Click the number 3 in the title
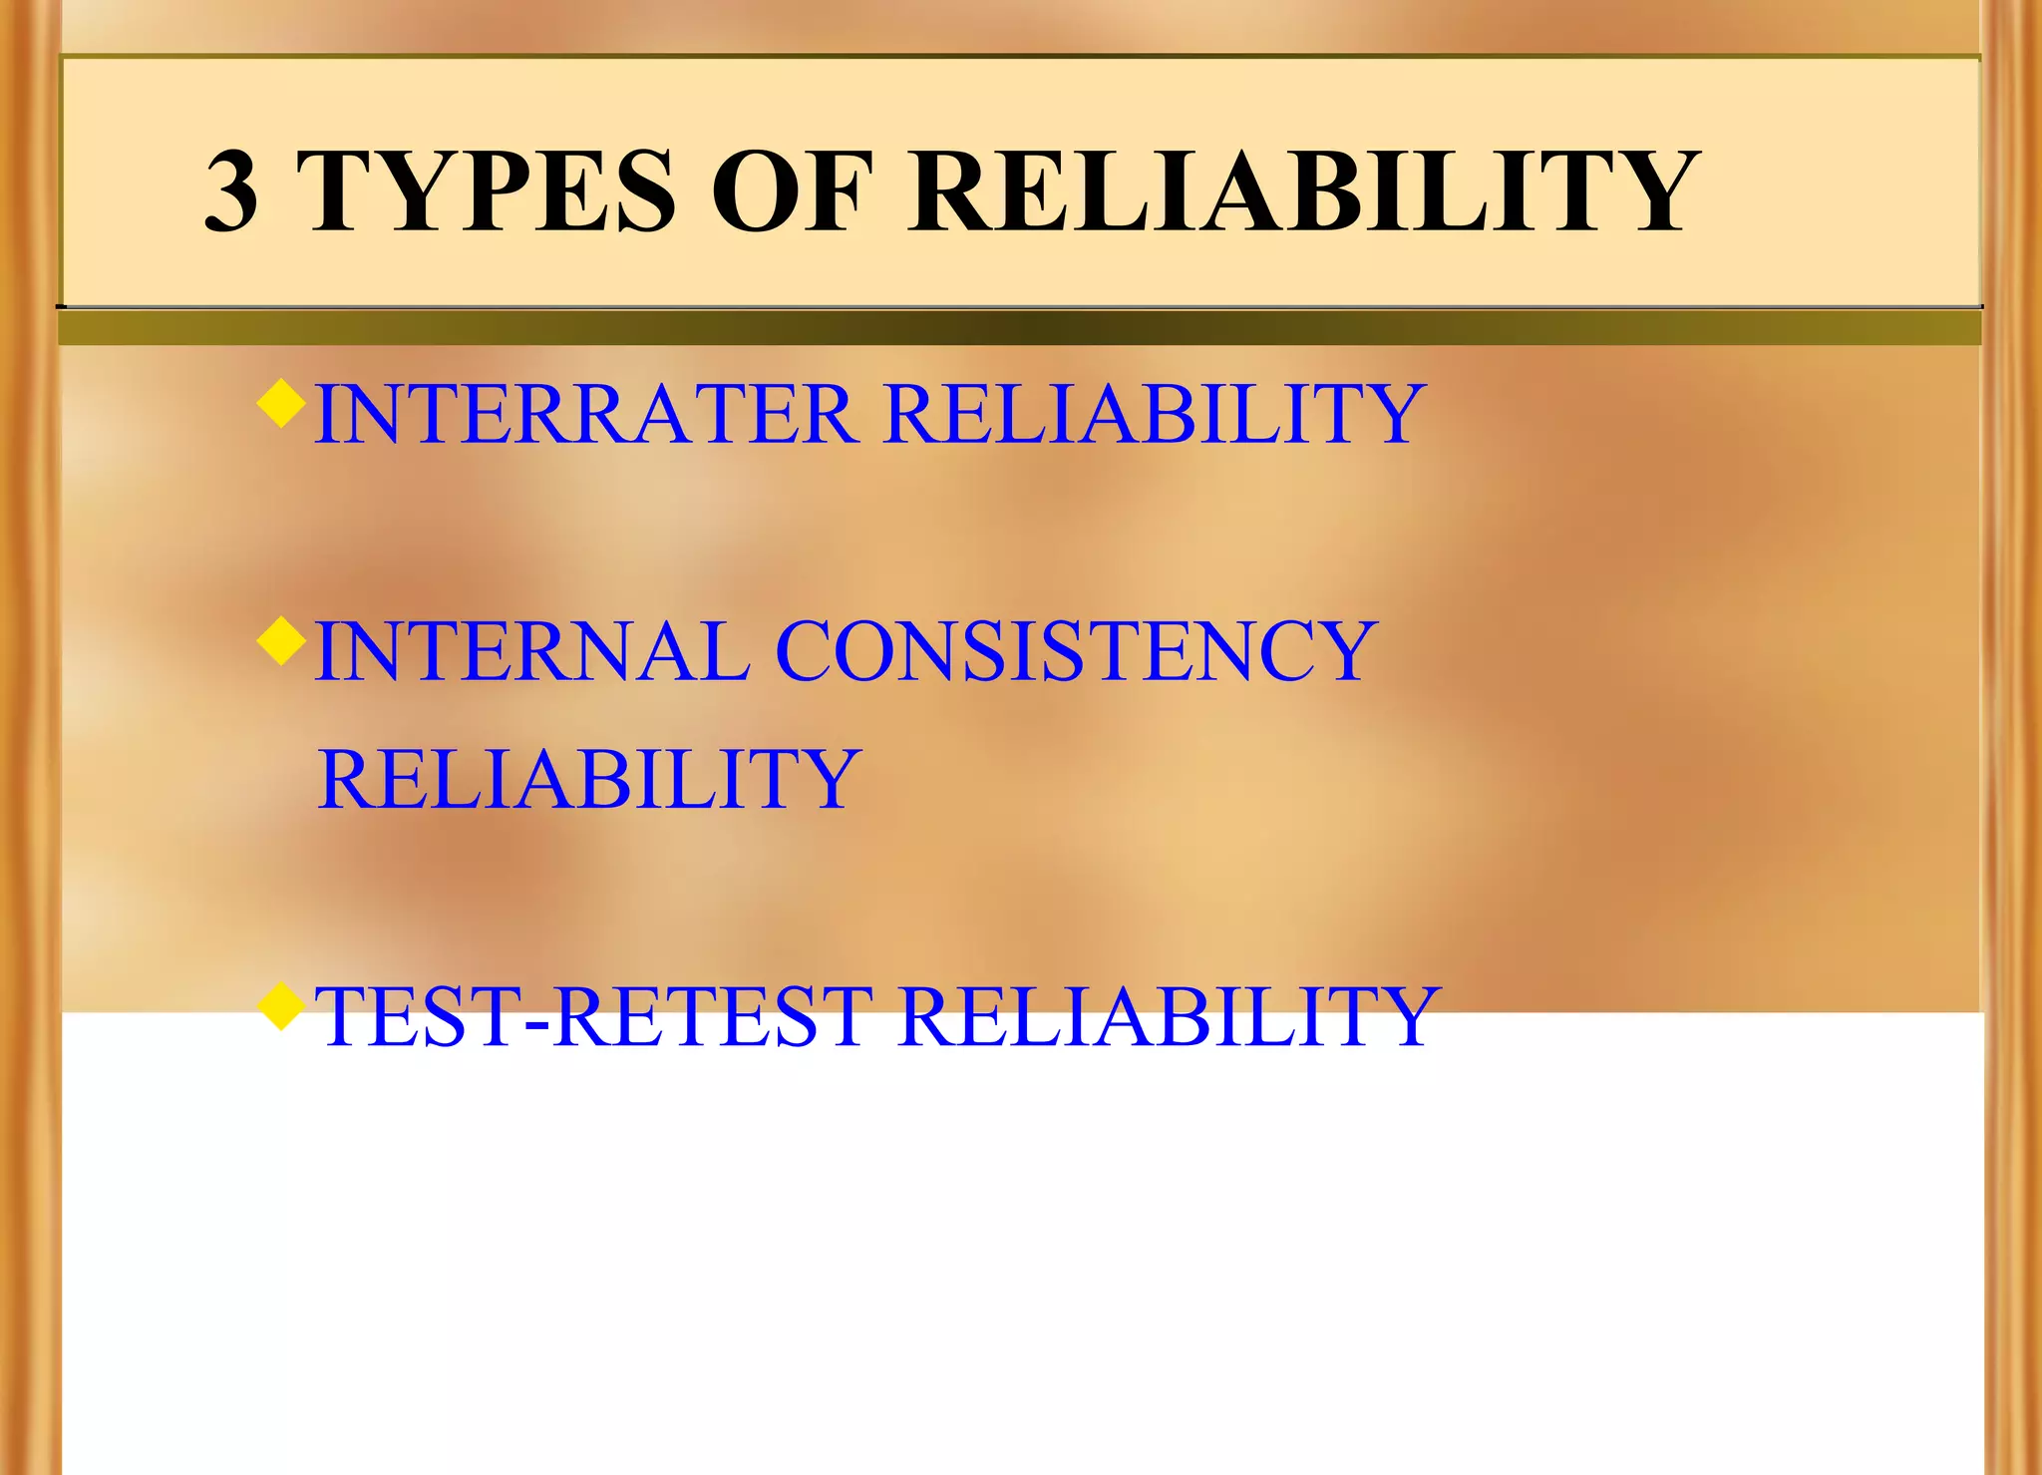pos(231,191)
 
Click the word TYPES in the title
pos(487,191)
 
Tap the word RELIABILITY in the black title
pos(1302,191)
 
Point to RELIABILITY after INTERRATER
pos(1155,415)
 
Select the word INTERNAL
pos(532,651)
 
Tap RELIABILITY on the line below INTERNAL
pos(588,779)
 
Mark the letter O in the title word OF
pos(755,191)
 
